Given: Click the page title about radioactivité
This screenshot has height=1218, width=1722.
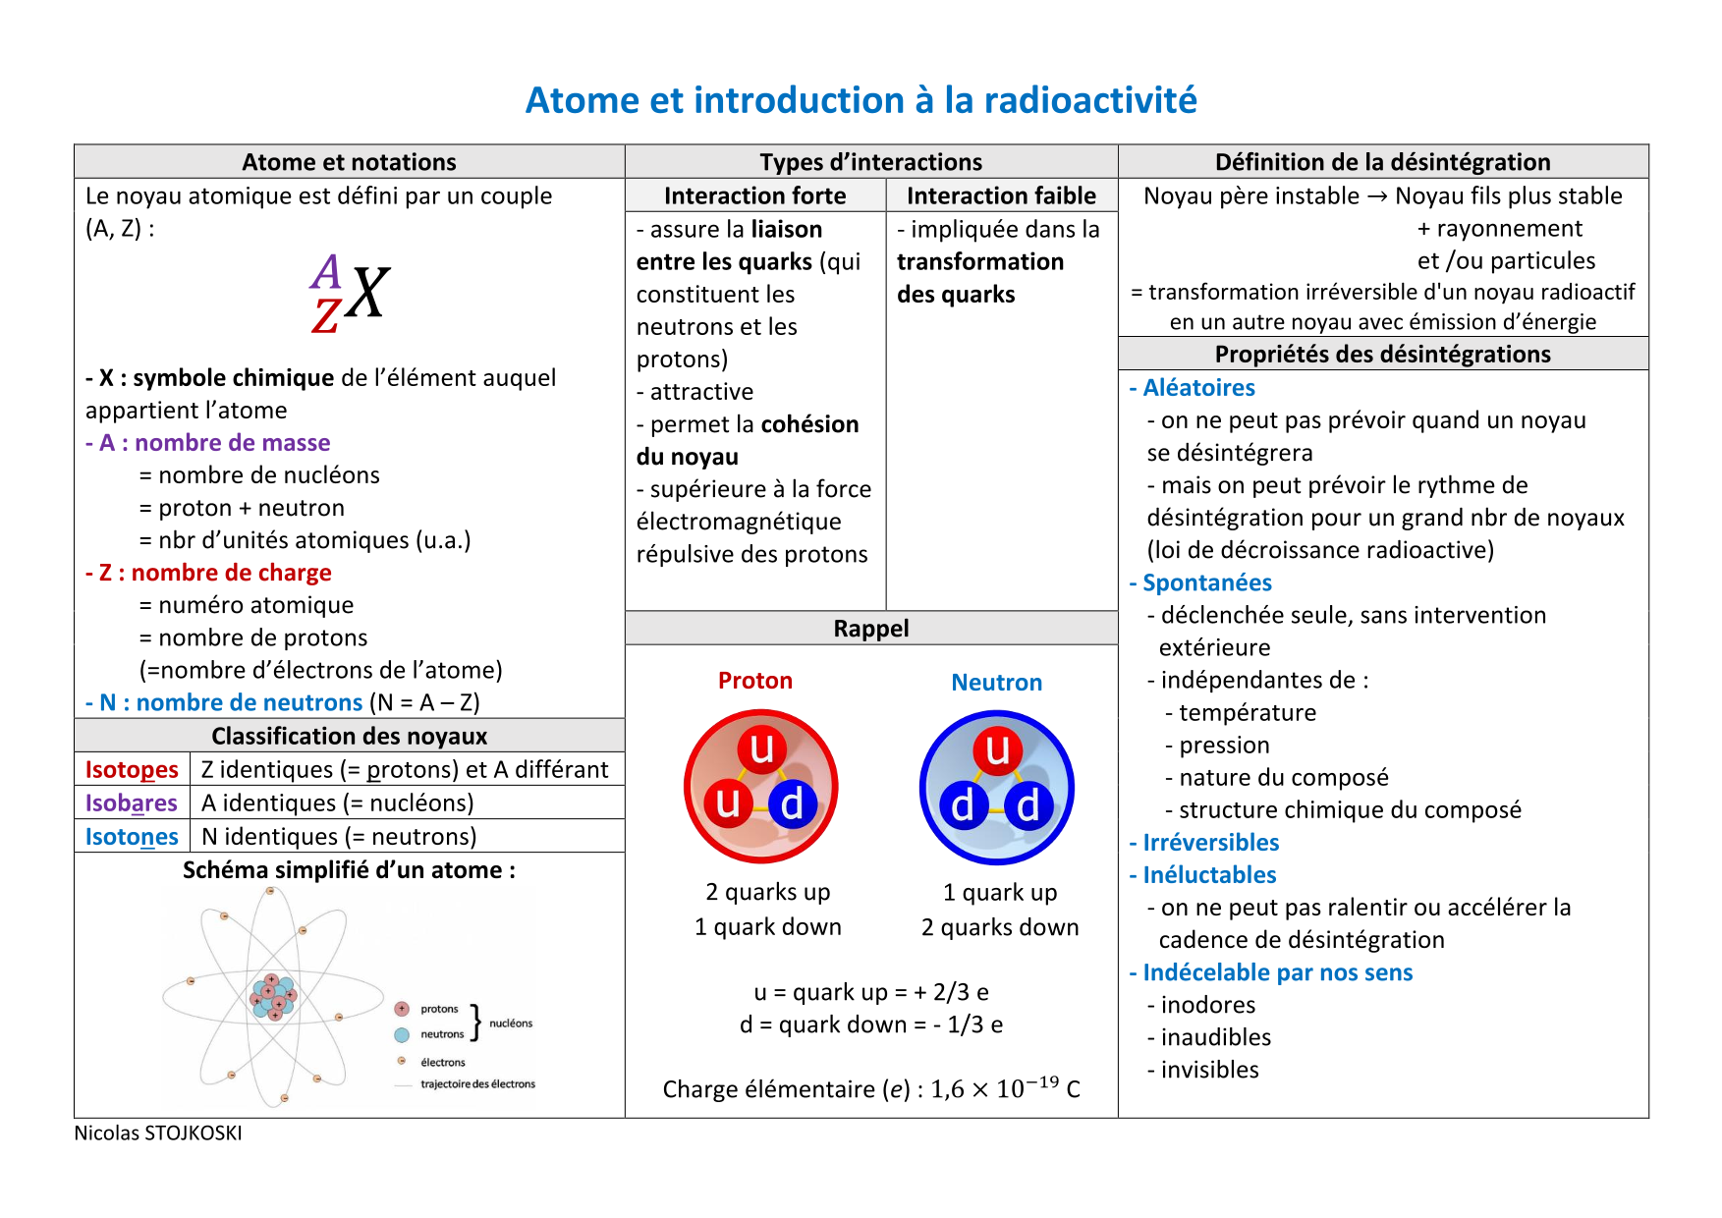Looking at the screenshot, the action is click(x=861, y=100).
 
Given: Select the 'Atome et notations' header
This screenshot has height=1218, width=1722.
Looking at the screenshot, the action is click(x=349, y=162).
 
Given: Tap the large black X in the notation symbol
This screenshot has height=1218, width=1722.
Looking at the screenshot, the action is click(x=368, y=293).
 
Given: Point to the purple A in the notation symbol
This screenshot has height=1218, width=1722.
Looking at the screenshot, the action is click(x=326, y=271).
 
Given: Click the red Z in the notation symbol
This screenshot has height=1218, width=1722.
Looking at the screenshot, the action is click(x=326, y=316).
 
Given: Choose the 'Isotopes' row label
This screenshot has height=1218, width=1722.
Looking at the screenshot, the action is click(x=132, y=769).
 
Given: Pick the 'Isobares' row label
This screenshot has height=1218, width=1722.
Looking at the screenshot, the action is click(x=132, y=803).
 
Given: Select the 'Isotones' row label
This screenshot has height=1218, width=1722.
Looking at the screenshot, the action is click(x=132, y=836).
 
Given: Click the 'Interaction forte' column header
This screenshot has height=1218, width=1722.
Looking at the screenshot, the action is click(x=754, y=195).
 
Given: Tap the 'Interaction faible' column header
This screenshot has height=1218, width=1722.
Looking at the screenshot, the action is click(x=1001, y=195).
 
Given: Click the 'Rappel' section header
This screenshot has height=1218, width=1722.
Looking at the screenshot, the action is click(x=871, y=629).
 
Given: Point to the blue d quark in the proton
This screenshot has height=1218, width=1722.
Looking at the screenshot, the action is click(x=792, y=803).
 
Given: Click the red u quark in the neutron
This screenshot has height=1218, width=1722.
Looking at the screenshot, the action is click(x=997, y=749).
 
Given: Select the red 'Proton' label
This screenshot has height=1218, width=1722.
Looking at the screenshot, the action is click(x=754, y=681).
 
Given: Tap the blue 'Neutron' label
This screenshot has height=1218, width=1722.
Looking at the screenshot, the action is click(x=996, y=683).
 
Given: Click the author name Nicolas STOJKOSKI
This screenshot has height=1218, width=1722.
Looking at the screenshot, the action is click(x=158, y=1133).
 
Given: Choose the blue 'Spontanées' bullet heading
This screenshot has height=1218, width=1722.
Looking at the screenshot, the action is click(x=1200, y=582).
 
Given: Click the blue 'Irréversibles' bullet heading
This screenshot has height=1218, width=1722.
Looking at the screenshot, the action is click(x=1204, y=843).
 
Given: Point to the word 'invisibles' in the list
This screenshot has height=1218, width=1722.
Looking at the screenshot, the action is click(x=1209, y=1070).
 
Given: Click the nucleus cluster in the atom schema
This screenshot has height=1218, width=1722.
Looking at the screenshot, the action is click(x=273, y=996).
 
